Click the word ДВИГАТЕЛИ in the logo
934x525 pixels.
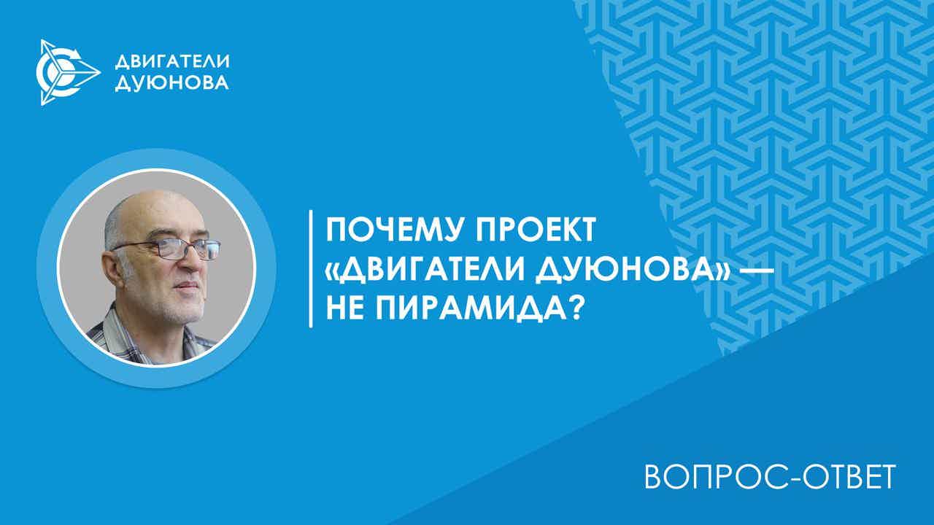[x=171, y=62]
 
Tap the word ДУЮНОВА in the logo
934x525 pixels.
[x=171, y=82]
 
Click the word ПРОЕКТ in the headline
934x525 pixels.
[x=536, y=230]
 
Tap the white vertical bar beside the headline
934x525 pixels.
[x=311, y=269]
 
